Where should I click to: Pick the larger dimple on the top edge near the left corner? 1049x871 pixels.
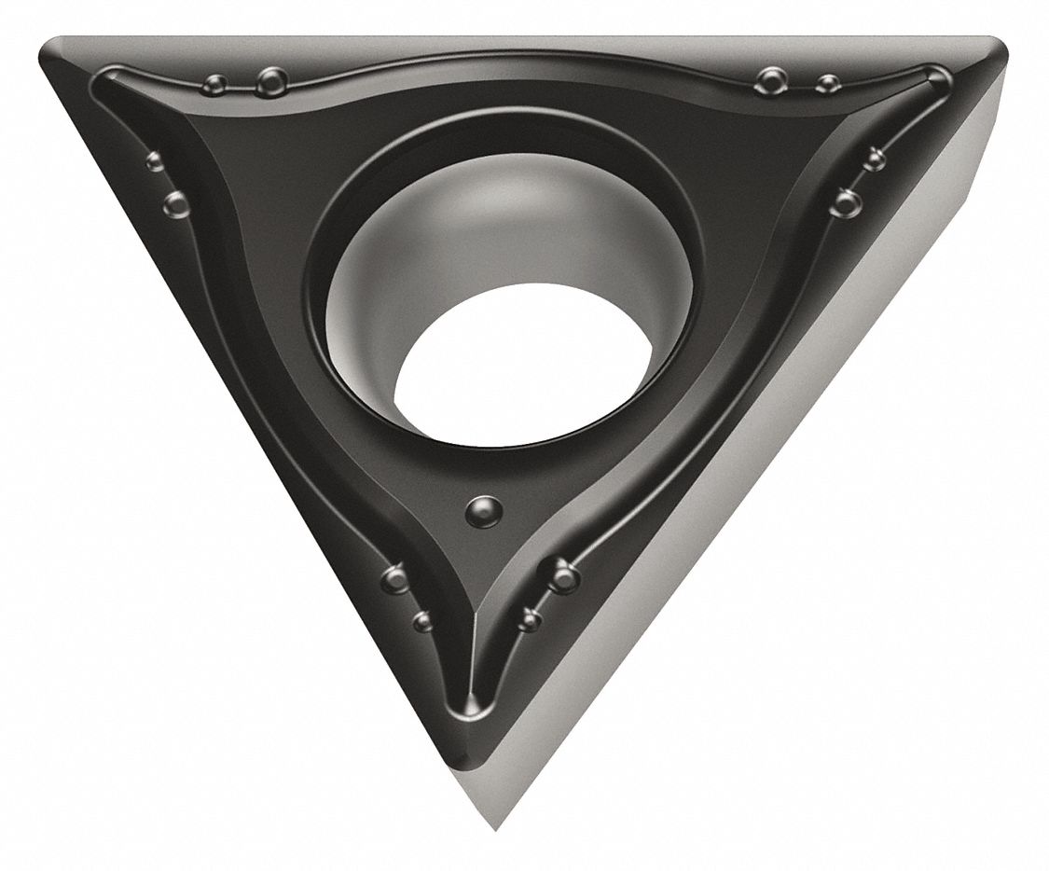coord(270,83)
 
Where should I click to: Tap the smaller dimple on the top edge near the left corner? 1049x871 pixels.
coord(213,86)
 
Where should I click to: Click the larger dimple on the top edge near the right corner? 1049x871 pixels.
coord(770,81)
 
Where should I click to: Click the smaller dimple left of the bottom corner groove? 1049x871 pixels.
coord(422,620)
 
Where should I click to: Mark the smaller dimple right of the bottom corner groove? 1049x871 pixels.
coord(531,617)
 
